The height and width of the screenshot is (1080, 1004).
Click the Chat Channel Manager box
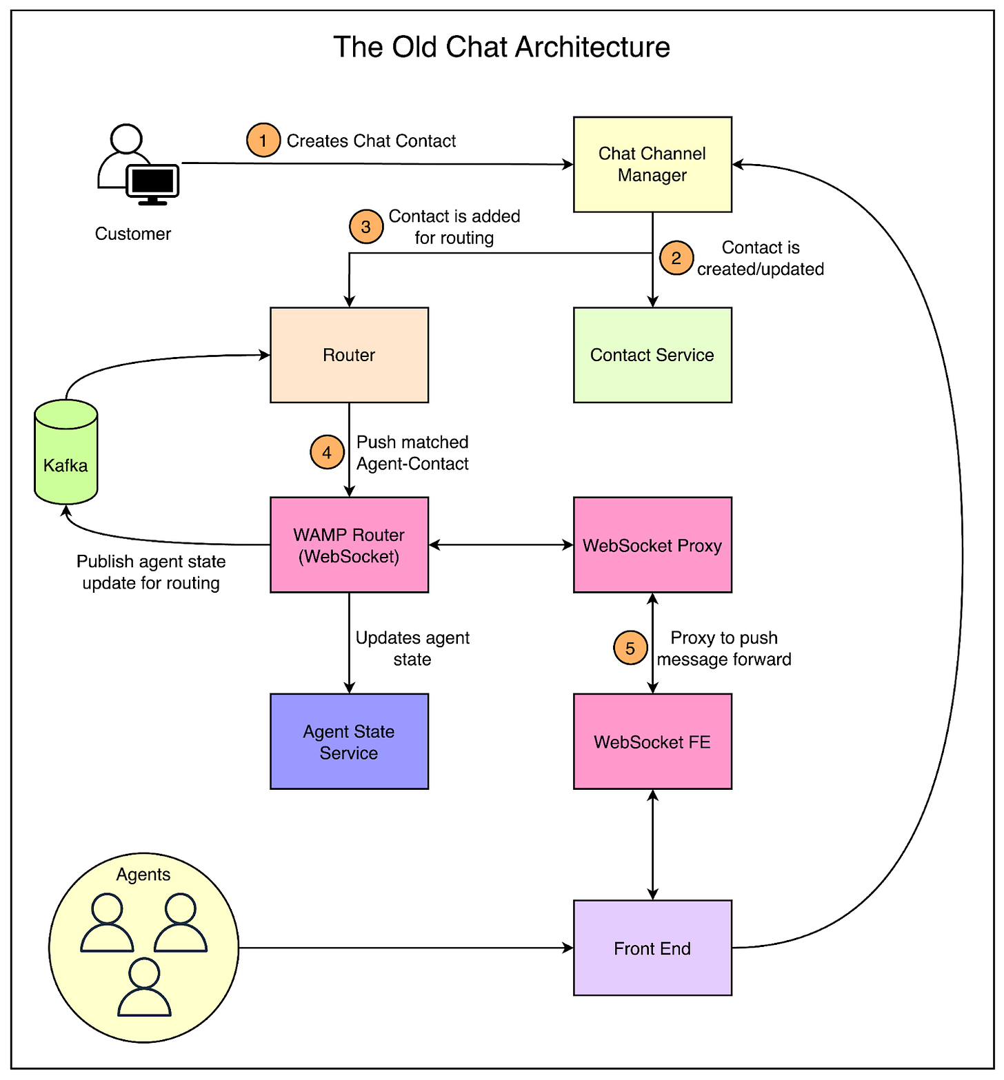[652, 165]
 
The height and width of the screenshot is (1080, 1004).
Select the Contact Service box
[652, 355]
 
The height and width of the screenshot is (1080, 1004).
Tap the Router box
[349, 355]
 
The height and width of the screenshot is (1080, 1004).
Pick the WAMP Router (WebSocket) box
[349, 545]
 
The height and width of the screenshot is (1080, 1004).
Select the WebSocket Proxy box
[652, 545]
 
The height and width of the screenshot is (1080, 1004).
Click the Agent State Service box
[349, 742]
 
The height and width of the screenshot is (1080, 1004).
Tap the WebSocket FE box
[652, 742]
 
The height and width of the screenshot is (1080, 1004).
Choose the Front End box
[652, 948]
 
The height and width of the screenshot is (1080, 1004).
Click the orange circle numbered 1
[263, 141]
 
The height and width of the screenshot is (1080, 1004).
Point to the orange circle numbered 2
[676, 258]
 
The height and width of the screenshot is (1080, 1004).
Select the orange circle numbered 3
[366, 227]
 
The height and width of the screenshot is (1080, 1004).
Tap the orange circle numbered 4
[327, 452]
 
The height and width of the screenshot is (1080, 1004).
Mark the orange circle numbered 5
[630, 648]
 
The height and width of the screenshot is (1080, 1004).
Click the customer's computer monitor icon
[152, 183]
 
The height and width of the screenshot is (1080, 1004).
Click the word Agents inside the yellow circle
[143, 875]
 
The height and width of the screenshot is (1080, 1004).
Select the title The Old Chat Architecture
[501, 48]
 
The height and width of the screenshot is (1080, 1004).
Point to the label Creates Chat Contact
[371, 141]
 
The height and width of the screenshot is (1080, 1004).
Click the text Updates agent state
[412, 648]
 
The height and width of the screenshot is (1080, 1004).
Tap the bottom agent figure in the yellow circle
[144, 987]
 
